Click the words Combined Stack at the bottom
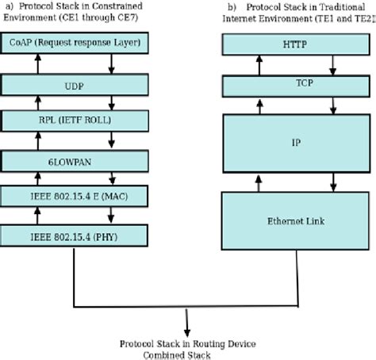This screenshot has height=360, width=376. [x=187, y=354]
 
